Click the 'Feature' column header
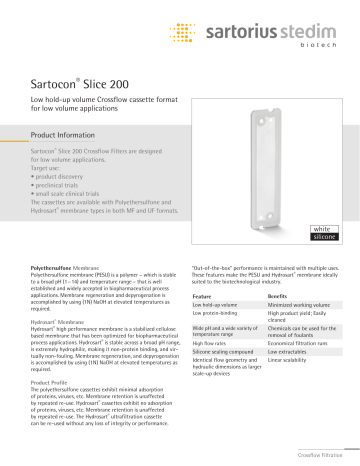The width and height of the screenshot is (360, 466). [202, 297]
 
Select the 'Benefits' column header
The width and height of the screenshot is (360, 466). [280, 297]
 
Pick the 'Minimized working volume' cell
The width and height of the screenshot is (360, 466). [297, 305]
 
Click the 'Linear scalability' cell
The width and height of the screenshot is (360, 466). [288, 361]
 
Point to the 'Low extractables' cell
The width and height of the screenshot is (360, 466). [288, 352]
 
